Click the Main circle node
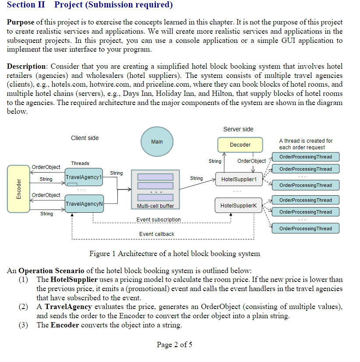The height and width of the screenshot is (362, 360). pyautogui.click(x=157, y=142)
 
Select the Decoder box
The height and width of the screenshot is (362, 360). pyautogui.click(x=240, y=144)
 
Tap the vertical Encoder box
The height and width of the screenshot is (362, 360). pyautogui.click(x=18, y=189)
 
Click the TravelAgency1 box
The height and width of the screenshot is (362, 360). pyautogui.click(x=84, y=177)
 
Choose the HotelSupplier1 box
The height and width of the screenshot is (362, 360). pyautogui.click(x=239, y=179)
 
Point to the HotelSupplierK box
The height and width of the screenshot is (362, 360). pyautogui.click(x=239, y=205)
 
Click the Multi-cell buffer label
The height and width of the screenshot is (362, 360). pyautogui.click(x=155, y=206)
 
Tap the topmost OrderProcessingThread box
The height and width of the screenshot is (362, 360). pyautogui.click(x=305, y=157)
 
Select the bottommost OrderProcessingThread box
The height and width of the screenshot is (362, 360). pyautogui.click(x=305, y=228)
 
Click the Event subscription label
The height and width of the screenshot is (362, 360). pyautogui.click(x=158, y=219)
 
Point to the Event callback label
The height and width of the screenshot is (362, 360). pyautogui.click(x=157, y=234)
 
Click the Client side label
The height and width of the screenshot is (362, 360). pyautogui.click(x=85, y=138)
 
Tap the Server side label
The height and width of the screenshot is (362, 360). pyautogui.click(x=238, y=129)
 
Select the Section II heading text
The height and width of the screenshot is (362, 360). pyautogui.click(x=90, y=5)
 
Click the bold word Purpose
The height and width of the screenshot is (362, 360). pyautogui.click(x=21, y=22)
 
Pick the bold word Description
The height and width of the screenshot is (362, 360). pyautogui.click(x=27, y=66)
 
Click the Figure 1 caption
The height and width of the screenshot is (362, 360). pyautogui.click(x=174, y=253)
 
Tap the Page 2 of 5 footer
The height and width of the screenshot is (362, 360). pyautogui.click(x=174, y=344)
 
